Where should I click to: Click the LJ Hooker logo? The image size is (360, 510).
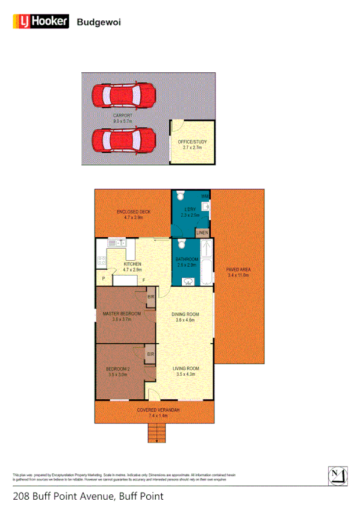[40, 22]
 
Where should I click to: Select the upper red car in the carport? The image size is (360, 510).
[124, 95]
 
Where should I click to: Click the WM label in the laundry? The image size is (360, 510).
[205, 196]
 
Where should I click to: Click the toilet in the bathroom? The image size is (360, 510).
[179, 246]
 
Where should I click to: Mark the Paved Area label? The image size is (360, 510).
[238, 272]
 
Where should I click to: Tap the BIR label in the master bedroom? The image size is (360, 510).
[150, 297]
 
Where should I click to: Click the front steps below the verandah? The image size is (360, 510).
[156, 432]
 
